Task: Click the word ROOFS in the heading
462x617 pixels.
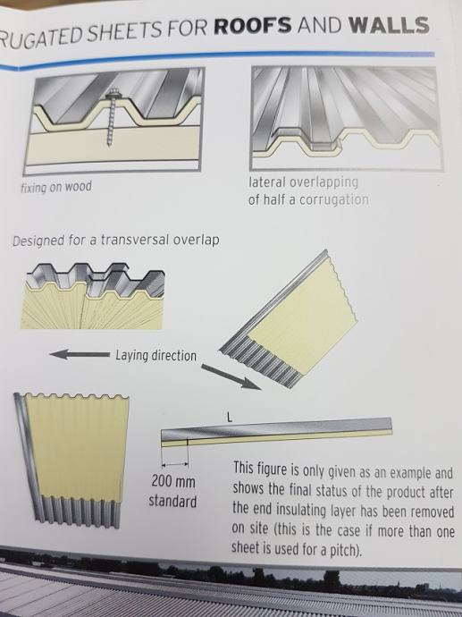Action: pyautogui.click(x=253, y=26)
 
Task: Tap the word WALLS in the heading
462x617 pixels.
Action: pyautogui.click(x=389, y=25)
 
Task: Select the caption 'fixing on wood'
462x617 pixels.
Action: pyautogui.click(x=56, y=187)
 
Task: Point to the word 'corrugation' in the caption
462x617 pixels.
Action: pyautogui.click(x=334, y=200)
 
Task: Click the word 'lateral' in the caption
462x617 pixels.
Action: pyautogui.click(x=267, y=182)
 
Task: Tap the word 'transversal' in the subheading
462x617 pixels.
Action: pyautogui.click(x=135, y=240)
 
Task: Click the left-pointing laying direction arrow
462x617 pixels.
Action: pyautogui.click(x=80, y=354)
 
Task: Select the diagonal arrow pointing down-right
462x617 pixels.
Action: pyautogui.click(x=231, y=377)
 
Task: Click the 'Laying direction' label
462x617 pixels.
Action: pyautogui.click(x=155, y=356)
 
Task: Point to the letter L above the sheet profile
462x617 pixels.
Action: pyautogui.click(x=230, y=418)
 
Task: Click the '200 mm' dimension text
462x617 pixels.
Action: pyautogui.click(x=173, y=481)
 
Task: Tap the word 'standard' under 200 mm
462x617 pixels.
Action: pyautogui.click(x=172, y=502)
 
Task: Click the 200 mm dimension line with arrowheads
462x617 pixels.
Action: pyautogui.click(x=174, y=465)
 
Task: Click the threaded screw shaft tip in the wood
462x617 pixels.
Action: pyautogui.click(x=108, y=144)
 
